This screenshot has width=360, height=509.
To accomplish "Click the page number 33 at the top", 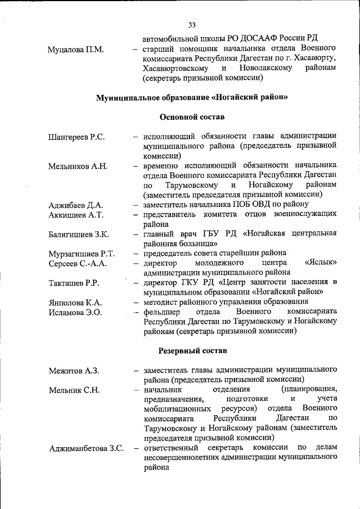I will click(x=192, y=25).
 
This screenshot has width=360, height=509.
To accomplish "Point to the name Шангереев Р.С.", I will click(x=77, y=137).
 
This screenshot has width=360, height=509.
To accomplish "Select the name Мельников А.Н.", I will click(x=78, y=166).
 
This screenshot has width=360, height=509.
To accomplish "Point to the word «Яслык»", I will click(x=321, y=263).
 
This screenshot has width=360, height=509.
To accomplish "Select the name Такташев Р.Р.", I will click(x=74, y=283).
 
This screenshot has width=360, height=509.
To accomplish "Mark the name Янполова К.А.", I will click(x=75, y=303).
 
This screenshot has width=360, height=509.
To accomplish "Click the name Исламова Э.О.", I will click(x=75, y=312).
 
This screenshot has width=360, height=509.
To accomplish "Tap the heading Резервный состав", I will click(x=192, y=350).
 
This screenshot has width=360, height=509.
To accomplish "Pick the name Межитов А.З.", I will click(x=74, y=370).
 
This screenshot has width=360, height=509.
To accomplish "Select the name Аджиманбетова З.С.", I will click(x=86, y=448).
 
